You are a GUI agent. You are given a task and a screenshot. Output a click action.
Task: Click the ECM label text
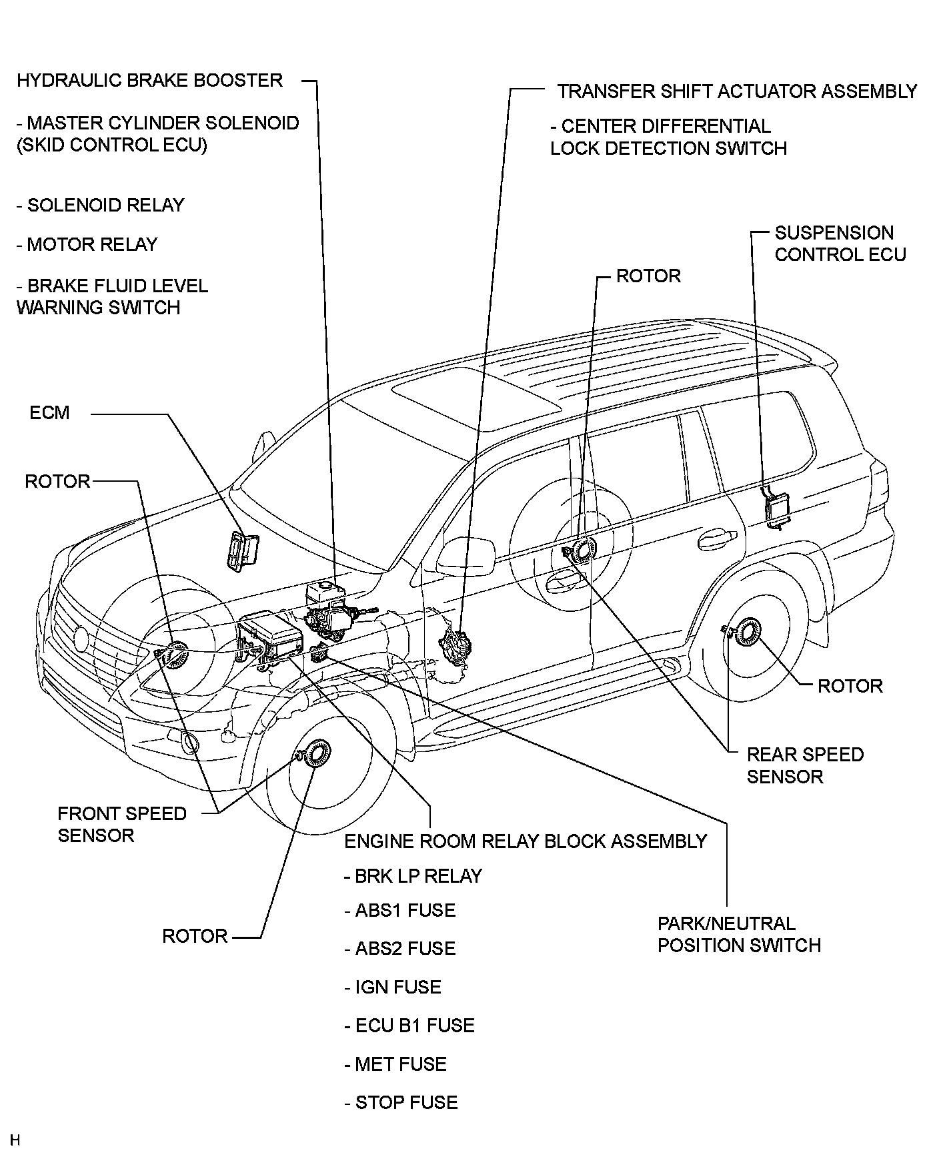49,412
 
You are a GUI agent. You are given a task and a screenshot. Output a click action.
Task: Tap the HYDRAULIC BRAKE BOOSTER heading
150,80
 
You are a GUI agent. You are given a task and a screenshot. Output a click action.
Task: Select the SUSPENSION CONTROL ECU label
840,244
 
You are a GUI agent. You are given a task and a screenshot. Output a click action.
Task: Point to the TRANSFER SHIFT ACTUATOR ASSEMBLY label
738,91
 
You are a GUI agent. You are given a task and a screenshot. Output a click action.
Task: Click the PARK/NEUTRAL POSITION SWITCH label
739,934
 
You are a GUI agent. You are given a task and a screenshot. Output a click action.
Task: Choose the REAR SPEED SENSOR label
805,765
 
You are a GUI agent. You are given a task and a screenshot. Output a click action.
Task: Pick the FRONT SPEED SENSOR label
122,824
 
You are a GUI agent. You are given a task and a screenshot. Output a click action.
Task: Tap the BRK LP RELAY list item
413,876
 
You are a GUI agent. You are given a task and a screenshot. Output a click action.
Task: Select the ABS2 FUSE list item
399,948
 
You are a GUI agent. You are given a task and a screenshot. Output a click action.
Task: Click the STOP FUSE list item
401,1102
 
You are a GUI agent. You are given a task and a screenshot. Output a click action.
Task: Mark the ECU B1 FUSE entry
409,1026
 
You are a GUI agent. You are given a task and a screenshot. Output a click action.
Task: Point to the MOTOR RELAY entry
87,244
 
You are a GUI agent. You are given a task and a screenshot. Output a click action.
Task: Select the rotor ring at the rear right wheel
746,631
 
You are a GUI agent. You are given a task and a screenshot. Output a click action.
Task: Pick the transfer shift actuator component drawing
456,645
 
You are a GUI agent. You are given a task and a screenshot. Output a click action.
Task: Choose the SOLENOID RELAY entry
101,205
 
